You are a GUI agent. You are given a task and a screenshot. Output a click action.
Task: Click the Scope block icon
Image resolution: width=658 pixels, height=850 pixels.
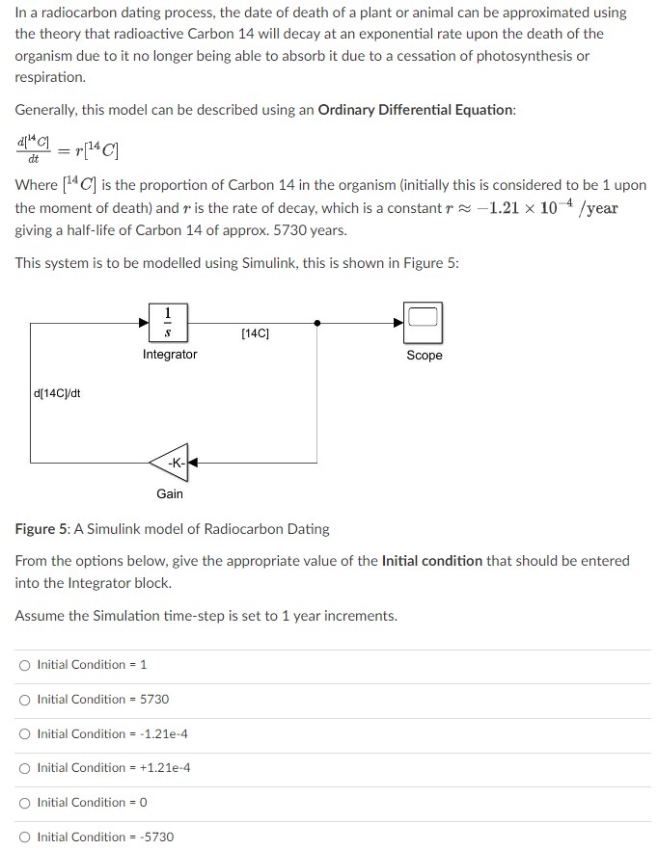pyautogui.click(x=424, y=324)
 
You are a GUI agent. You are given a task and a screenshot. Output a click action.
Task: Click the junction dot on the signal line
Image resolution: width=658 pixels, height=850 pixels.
pyautogui.click(x=318, y=324)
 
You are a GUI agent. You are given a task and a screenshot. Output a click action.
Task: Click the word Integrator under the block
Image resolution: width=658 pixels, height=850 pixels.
pyautogui.click(x=170, y=355)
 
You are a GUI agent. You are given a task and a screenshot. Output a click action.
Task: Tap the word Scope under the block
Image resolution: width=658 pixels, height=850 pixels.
pyautogui.click(x=425, y=356)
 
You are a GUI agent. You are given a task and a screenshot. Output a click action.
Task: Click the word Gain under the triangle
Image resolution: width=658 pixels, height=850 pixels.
pyautogui.click(x=170, y=493)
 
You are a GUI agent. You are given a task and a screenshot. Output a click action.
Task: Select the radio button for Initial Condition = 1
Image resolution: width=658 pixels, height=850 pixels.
pyautogui.click(x=24, y=665)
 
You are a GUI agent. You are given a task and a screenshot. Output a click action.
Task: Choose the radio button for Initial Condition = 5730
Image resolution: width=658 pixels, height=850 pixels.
pyautogui.click(x=24, y=700)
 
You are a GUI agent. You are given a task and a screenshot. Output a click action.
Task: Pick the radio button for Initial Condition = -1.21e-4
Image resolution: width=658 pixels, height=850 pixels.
pyautogui.click(x=24, y=734)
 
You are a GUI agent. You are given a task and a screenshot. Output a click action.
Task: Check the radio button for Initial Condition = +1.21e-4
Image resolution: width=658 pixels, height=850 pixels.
pyautogui.click(x=24, y=768)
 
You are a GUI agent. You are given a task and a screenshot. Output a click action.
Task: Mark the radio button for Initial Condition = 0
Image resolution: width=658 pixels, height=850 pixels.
pyautogui.click(x=24, y=803)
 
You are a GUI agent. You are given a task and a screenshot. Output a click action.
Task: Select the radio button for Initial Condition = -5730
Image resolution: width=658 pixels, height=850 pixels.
pyautogui.click(x=24, y=837)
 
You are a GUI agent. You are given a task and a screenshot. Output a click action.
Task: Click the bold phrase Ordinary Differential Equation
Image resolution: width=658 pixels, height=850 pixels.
pyautogui.click(x=416, y=110)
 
